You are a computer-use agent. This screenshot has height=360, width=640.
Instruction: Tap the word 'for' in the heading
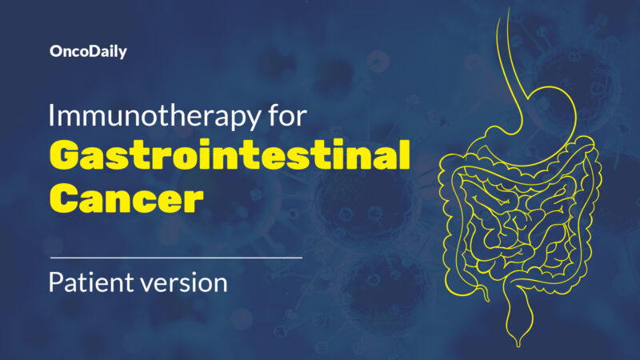click(286, 116)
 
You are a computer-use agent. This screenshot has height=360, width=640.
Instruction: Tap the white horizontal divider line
click(176, 258)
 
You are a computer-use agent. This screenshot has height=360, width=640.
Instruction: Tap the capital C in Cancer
click(65, 197)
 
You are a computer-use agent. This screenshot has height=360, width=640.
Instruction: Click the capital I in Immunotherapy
click(52, 116)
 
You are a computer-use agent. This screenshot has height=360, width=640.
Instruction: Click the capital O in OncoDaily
click(54, 51)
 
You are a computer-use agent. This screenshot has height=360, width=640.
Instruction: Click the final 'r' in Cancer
click(193, 198)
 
